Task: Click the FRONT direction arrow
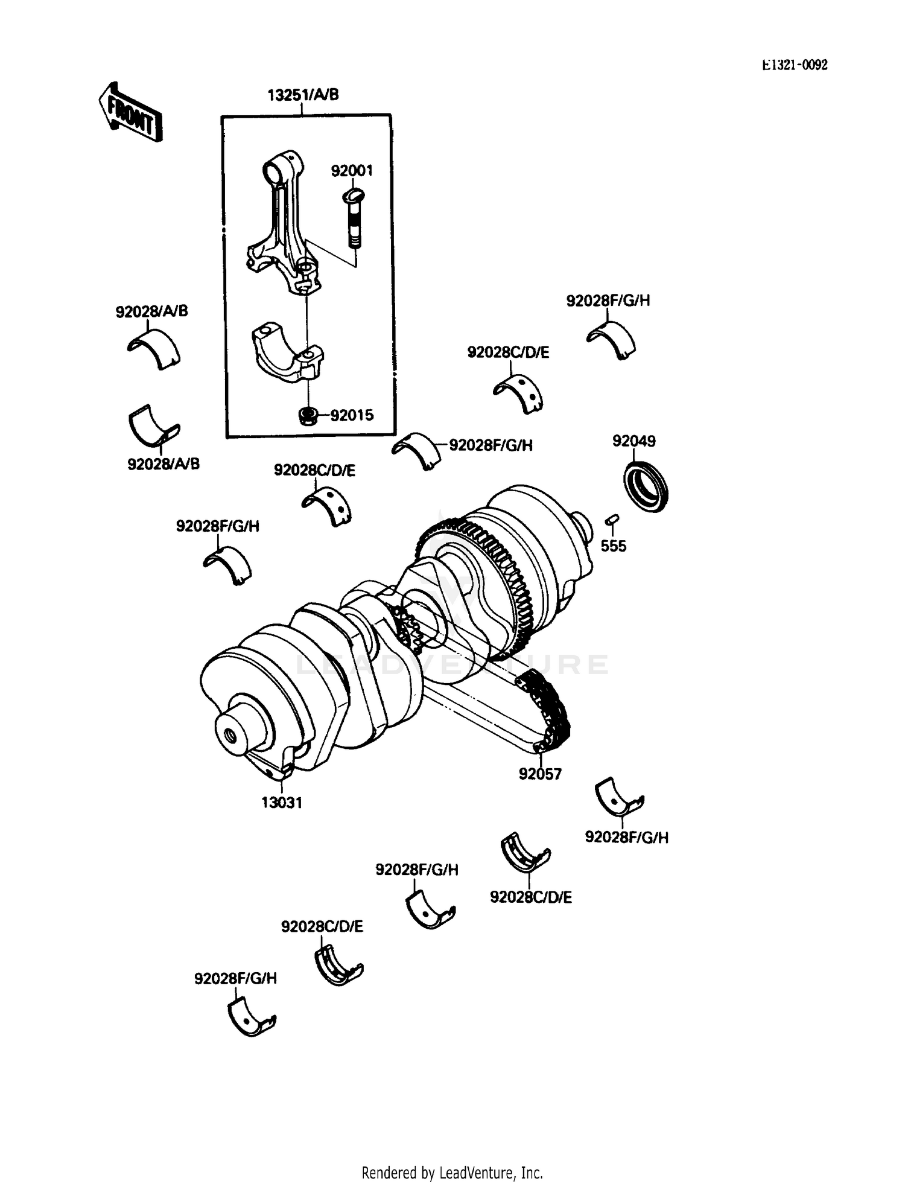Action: [130, 113]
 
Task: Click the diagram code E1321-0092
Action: [795, 65]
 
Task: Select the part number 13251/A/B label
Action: [303, 95]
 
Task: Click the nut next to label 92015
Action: [308, 415]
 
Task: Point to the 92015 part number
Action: [352, 415]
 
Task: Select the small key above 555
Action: [612, 518]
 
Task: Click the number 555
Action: [613, 546]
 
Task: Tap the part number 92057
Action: [540, 774]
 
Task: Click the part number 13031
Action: [281, 803]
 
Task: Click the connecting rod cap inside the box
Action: [287, 355]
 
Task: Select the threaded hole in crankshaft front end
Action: [230, 736]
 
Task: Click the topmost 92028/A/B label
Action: [151, 311]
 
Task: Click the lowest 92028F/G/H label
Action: [235, 978]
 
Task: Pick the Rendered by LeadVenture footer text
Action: [452, 1173]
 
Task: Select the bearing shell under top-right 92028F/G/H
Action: [612, 340]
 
